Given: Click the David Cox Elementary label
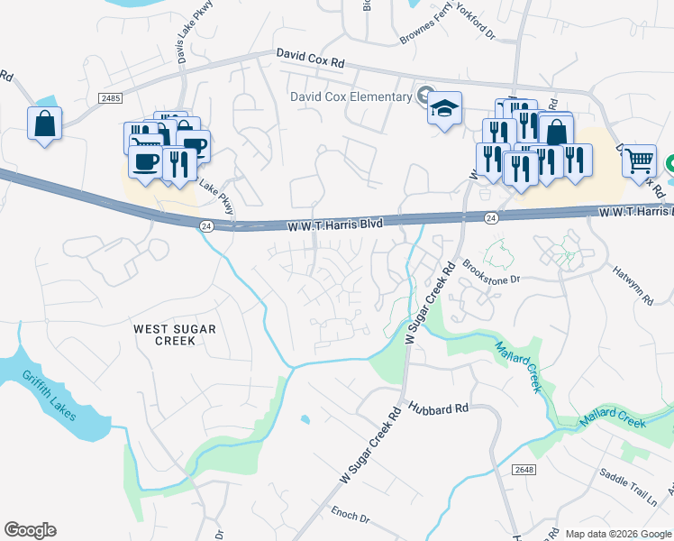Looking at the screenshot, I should (x=349, y=96).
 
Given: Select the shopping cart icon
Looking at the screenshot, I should (x=639, y=162).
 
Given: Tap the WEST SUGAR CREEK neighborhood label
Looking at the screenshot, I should (x=175, y=335).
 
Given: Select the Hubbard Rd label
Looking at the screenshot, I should (x=439, y=408).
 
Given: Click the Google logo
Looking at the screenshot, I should (x=31, y=530).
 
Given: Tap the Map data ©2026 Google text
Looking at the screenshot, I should (x=618, y=534).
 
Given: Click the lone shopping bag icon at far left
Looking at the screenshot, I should (x=45, y=123).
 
